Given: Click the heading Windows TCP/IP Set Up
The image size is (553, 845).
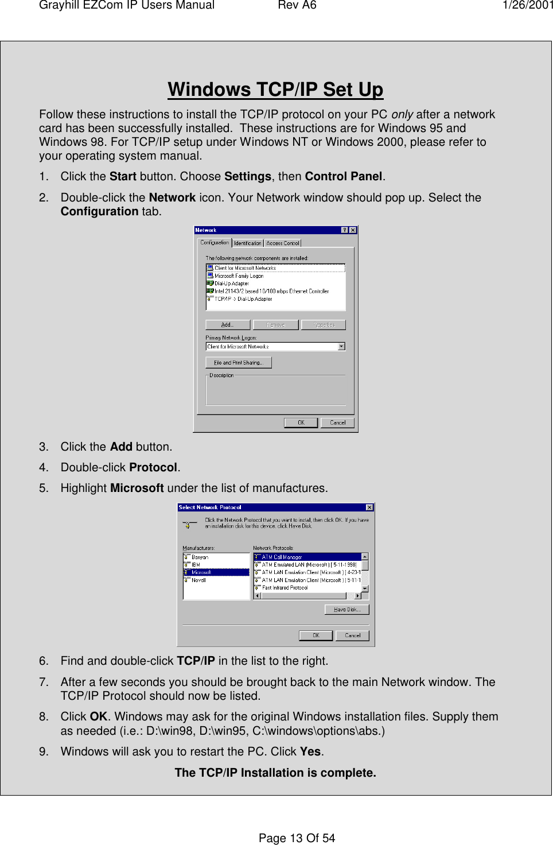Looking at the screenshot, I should click(x=275, y=90).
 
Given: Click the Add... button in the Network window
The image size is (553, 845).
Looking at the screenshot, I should click(x=228, y=325).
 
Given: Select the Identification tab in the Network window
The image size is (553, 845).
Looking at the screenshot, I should click(x=248, y=243).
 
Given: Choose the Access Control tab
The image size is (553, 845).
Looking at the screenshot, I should click(x=283, y=243).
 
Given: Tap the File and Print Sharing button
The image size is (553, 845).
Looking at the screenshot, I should click(x=238, y=363).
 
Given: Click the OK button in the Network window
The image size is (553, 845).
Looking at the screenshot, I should click(x=301, y=422).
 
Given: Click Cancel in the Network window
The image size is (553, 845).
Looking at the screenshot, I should click(x=337, y=422).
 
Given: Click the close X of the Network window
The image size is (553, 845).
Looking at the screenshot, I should click(x=353, y=230).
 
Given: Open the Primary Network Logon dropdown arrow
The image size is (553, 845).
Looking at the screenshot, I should click(x=341, y=347).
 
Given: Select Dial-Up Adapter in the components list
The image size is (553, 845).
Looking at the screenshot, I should click(x=231, y=284).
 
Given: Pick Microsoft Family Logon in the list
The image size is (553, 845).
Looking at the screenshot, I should click(x=239, y=276).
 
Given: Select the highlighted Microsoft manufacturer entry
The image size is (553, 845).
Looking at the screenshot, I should click(x=201, y=572).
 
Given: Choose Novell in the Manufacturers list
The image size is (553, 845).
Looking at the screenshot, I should click(x=198, y=580).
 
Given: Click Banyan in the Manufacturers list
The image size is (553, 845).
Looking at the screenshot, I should click(x=200, y=557).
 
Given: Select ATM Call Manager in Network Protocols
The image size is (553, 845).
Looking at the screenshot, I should click(x=282, y=557).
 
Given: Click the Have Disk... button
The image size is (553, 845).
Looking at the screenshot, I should click(x=346, y=610).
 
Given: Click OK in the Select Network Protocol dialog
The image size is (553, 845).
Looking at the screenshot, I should click(x=316, y=635).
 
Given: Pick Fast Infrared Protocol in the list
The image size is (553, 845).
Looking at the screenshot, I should click(x=285, y=588).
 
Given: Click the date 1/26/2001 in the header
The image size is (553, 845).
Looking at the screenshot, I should click(x=527, y=6).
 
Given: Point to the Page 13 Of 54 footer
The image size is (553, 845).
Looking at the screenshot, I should click(x=297, y=838).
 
